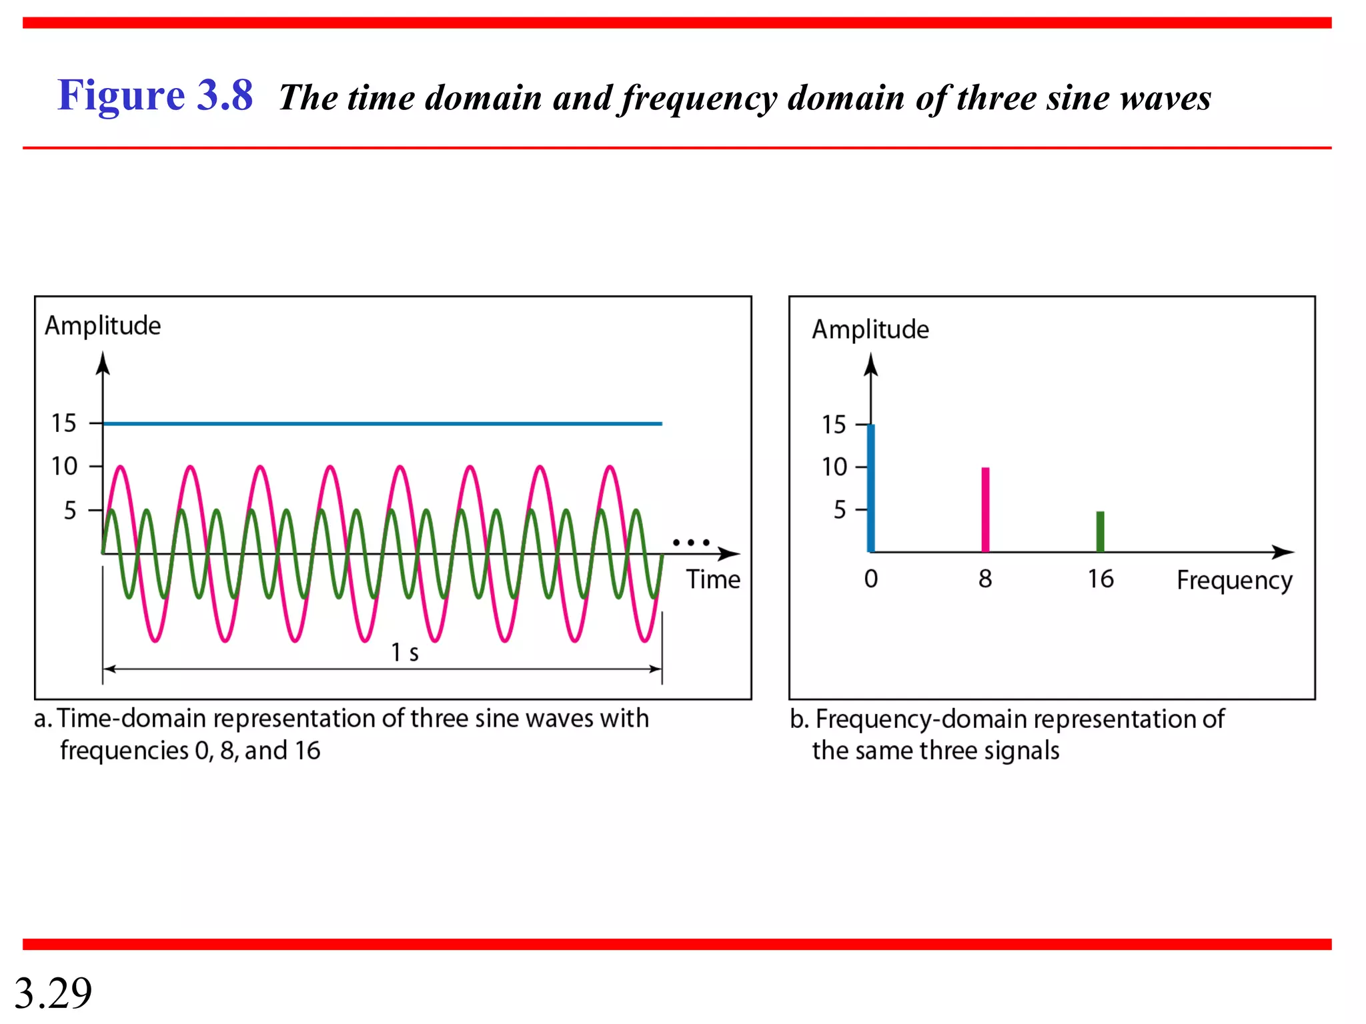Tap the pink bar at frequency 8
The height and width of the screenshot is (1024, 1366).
pyautogui.click(x=985, y=510)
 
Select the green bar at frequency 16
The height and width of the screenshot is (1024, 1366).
pyautogui.click(x=1101, y=531)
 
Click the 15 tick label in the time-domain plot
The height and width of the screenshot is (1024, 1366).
pyautogui.click(x=64, y=423)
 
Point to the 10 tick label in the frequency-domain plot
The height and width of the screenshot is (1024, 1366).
pyautogui.click(x=834, y=467)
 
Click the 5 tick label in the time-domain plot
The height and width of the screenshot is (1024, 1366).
pyautogui.click(x=70, y=511)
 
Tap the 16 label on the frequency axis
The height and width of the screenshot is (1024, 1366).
pyautogui.click(x=1101, y=579)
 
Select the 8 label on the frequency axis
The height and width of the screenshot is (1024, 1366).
pyautogui.click(x=985, y=579)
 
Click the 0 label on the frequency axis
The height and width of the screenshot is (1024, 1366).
pyautogui.click(x=871, y=579)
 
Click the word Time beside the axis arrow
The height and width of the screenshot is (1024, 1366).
pyautogui.click(x=713, y=579)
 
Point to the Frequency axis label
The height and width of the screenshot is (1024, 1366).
pyautogui.click(x=1234, y=581)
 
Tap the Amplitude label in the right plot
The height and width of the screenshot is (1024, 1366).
pyautogui.click(x=870, y=329)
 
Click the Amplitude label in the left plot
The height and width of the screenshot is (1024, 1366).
pyautogui.click(x=103, y=326)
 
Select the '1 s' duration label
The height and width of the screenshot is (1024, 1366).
pyautogui.click(x=404, y=652)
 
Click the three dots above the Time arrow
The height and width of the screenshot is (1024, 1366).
pyautogui.click(x=691, y=543)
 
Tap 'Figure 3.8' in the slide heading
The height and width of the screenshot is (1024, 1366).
pyautogui.click(x=155, y=95)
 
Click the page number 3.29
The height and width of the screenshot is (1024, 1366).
pyautogui.click(x=53, y=993)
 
